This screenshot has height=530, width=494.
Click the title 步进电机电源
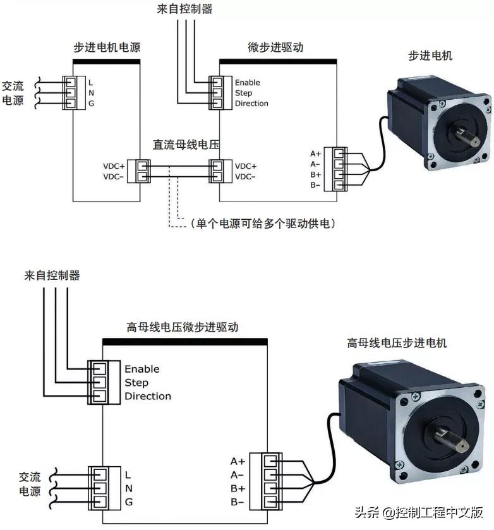click(x=105, y=48)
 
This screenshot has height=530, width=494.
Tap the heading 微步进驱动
click(x=276, y=48)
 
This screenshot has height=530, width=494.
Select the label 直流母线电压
click(x=185, y=145)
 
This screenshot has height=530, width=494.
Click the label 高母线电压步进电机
click(x=396, y=343)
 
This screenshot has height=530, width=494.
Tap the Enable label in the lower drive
click(x=142, y=369)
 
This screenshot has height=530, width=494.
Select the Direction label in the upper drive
click(x=251, y=103)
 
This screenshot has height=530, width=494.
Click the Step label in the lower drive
click(x=136, y=382)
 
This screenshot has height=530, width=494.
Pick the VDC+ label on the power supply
click(x=114, y=166)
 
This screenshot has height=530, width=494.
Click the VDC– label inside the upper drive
click(x=245, y=176)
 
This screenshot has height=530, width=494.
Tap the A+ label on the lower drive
click(x=238, y=461)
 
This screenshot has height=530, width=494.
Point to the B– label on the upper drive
click(x=315, y=185)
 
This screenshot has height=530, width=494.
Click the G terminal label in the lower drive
click(x=128, y=502)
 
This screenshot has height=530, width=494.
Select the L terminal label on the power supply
click(x=91, y=83)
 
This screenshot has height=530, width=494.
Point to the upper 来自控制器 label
click(x=184, y=9)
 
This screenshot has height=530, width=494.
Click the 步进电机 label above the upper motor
click(x=430, y=56)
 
